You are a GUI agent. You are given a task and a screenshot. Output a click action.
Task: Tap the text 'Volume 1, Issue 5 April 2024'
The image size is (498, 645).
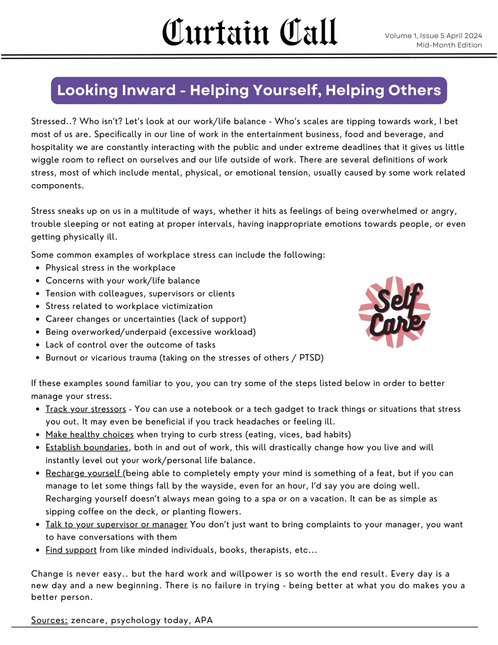pyautogui.click(x=433, y=36)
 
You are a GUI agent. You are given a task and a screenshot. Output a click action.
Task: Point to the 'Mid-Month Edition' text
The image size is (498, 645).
pyautogui.click(x=449, y=45)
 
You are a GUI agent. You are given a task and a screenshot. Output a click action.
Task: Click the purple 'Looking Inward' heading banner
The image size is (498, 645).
pyautogui.click(x=249, y=90)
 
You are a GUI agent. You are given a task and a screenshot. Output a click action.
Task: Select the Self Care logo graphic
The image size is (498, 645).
pyautogui.click(x=395, y=312)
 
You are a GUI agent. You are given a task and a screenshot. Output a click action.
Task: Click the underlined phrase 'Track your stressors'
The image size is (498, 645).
pyautogui.click(x=86, y=409)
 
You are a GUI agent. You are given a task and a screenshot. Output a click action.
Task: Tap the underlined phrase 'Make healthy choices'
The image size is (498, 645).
pyautogui.click(x=89, y=434)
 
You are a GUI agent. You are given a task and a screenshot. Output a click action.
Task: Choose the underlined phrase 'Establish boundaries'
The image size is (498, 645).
pyautogui.click(x=87, y=447)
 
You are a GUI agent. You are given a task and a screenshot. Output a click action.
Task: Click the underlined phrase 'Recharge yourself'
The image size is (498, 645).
pyautogui.click(x=82, y=473)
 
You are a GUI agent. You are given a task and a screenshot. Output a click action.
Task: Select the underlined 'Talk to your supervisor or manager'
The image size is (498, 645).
pyautogui.click(x=116, y=525)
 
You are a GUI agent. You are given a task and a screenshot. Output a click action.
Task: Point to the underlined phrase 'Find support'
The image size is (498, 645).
pyautogui.click(x=71, y=550)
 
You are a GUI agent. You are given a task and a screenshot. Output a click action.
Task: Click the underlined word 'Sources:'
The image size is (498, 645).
pyautogui.click(x=49, y=620)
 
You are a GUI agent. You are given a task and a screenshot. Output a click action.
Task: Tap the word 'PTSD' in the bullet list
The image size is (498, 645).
pyautogui.click(x=311, y=358)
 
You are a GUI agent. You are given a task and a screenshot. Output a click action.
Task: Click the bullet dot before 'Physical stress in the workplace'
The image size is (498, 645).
pyautogui.click(x=37, y=268)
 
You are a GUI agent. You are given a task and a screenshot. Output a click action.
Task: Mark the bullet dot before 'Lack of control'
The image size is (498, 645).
pyautogui.click(x=37, y=345)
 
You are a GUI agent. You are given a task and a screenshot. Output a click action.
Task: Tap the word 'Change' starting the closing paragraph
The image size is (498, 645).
pyautogui.click(x=45, y=574)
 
